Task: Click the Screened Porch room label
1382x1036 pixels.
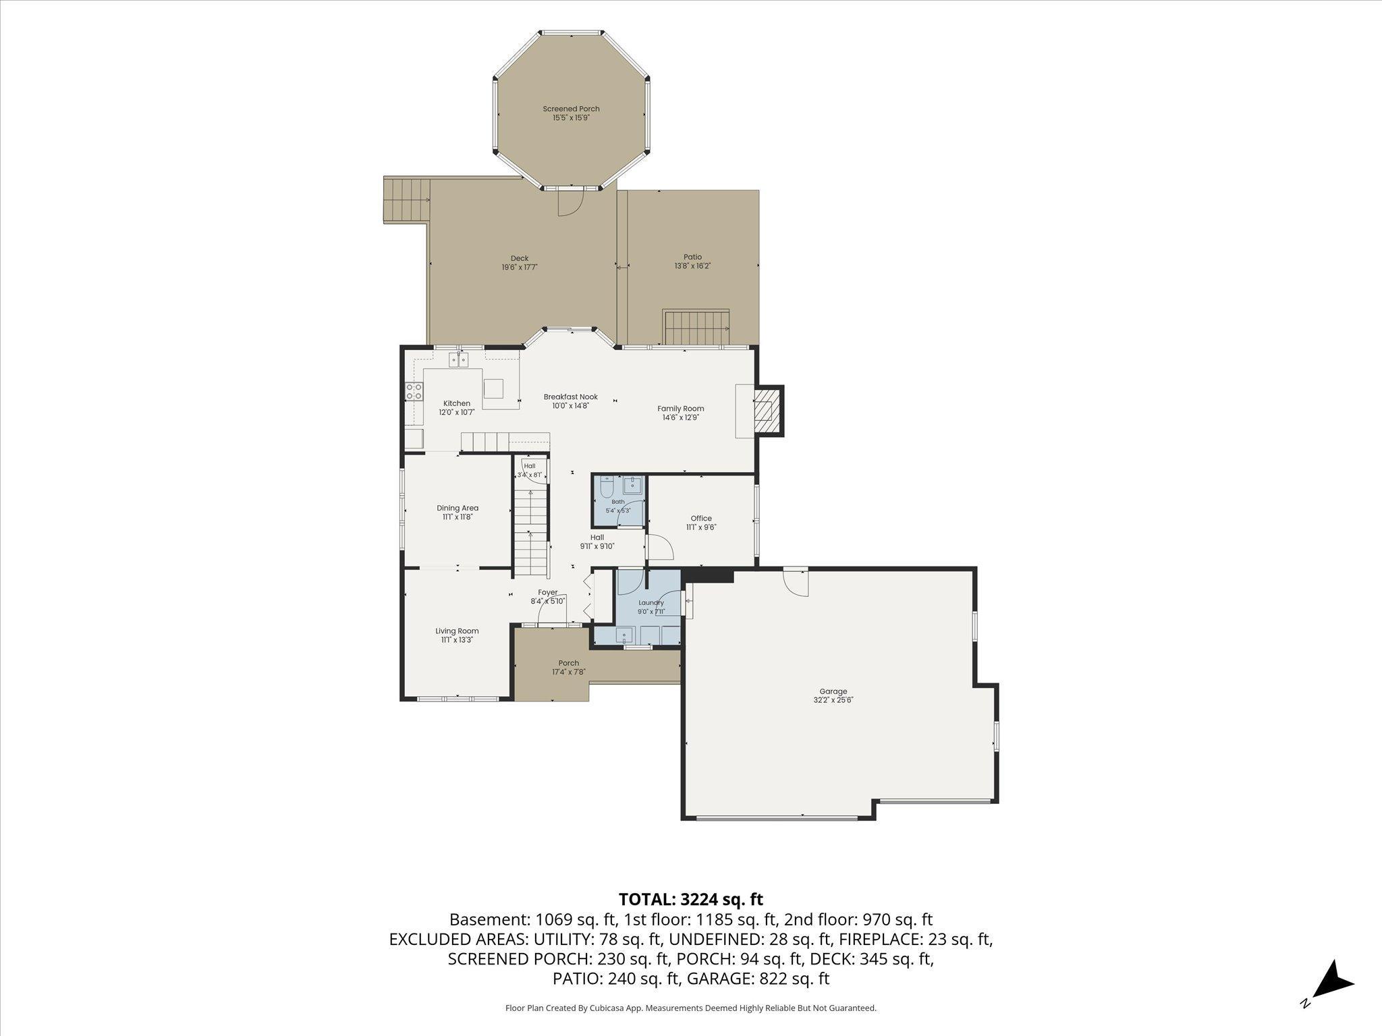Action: [571, 109]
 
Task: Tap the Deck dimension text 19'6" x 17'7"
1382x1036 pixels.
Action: [520, 267]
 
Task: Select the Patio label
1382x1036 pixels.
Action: [692, 257]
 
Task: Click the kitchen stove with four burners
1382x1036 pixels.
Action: [414, 392]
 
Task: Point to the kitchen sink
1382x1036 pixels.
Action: [460, 359]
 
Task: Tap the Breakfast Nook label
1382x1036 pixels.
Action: [571, 397]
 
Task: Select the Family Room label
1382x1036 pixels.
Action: [681, 408]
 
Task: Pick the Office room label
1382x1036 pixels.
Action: [701, 518]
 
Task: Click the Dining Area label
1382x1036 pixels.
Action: [458, 508]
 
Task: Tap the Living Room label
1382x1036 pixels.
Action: [457, 631]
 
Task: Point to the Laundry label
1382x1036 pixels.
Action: [651, 602]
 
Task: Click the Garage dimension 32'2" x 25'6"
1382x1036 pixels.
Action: [833, 700]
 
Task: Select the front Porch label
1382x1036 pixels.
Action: [569, 663]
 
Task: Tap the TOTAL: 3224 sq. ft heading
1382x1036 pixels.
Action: [691, 899]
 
